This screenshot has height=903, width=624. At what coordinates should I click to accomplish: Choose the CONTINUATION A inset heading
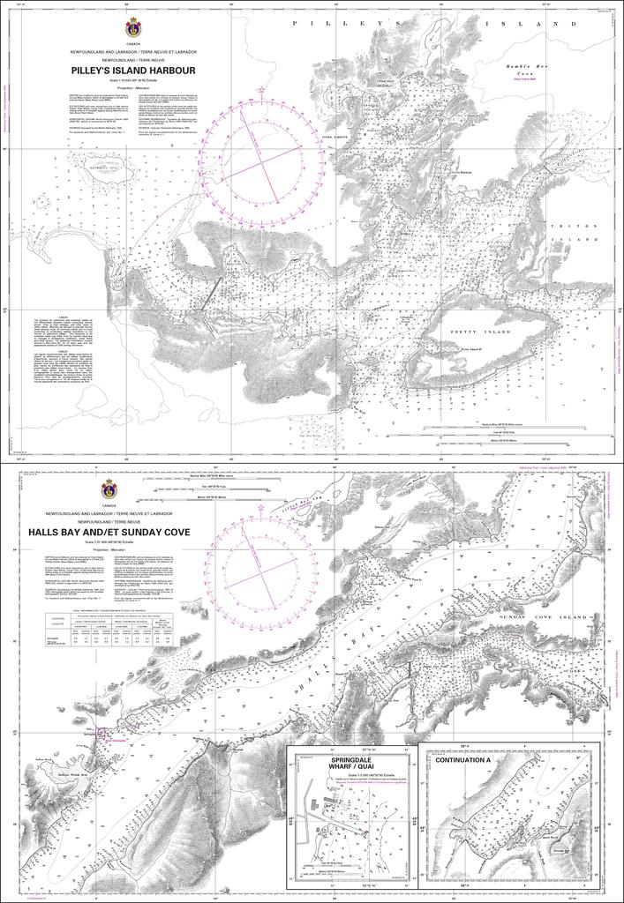[x=468, y=759]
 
